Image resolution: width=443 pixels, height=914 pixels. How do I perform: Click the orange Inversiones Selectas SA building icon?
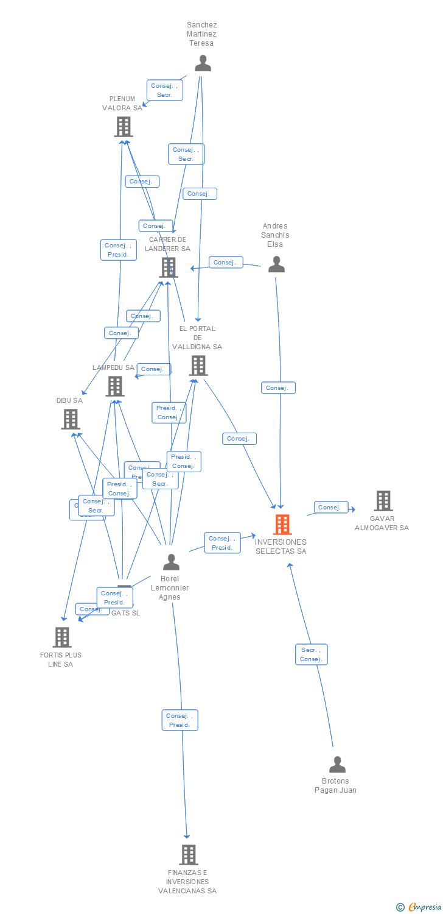tap(282, 524)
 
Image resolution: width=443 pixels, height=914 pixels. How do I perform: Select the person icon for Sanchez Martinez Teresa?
tap(203, 63)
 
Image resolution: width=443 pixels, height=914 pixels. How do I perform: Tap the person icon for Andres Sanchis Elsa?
tap(276, 264)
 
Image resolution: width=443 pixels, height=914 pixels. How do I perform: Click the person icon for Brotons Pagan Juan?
tap(337, 764)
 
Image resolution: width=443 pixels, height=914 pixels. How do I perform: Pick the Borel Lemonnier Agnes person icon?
tap(171, 562)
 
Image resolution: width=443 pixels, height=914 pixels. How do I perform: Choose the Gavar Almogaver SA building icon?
tap(383, 501)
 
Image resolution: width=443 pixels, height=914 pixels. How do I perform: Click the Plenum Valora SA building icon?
tap(124, 127)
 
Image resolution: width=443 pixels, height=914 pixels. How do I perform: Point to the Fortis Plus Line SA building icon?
tap(62, 637)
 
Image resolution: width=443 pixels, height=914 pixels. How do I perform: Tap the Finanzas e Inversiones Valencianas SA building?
tap(189, 855)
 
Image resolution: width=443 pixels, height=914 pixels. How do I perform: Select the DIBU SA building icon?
tap(71, 419)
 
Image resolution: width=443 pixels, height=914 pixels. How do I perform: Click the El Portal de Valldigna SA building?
tap(198, 366)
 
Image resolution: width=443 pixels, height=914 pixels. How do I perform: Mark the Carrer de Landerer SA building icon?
tap(168, 267)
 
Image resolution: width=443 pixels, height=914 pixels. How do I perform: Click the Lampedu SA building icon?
tap(114, 386)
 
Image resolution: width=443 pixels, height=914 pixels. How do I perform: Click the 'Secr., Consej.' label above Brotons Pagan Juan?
tap(311, 654)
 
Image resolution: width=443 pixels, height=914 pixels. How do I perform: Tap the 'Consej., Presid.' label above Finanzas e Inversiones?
tap(180, 720)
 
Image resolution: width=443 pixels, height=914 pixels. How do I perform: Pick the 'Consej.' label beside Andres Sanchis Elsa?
tap(226, 262)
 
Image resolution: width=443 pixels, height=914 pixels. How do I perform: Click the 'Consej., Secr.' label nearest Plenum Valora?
tap(164, 90)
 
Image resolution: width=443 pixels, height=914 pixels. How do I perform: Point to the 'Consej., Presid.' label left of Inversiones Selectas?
tap(222, 543)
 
